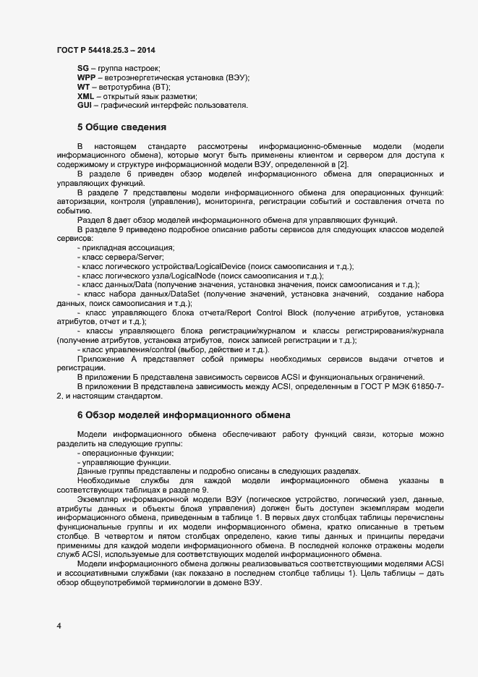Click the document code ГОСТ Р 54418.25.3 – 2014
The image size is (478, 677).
(x=106, y=50)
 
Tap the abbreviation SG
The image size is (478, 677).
(x=82, y=67)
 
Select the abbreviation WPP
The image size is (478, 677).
(x=86, y=77)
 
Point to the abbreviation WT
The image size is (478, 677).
(x=83, y=87)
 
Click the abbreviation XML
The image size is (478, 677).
(x=85, y=96)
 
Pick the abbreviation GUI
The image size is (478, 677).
(x=84, y=106)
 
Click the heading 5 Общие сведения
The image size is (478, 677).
(x=121, y=127)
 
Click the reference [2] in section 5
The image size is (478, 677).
(x=343, y=165)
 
